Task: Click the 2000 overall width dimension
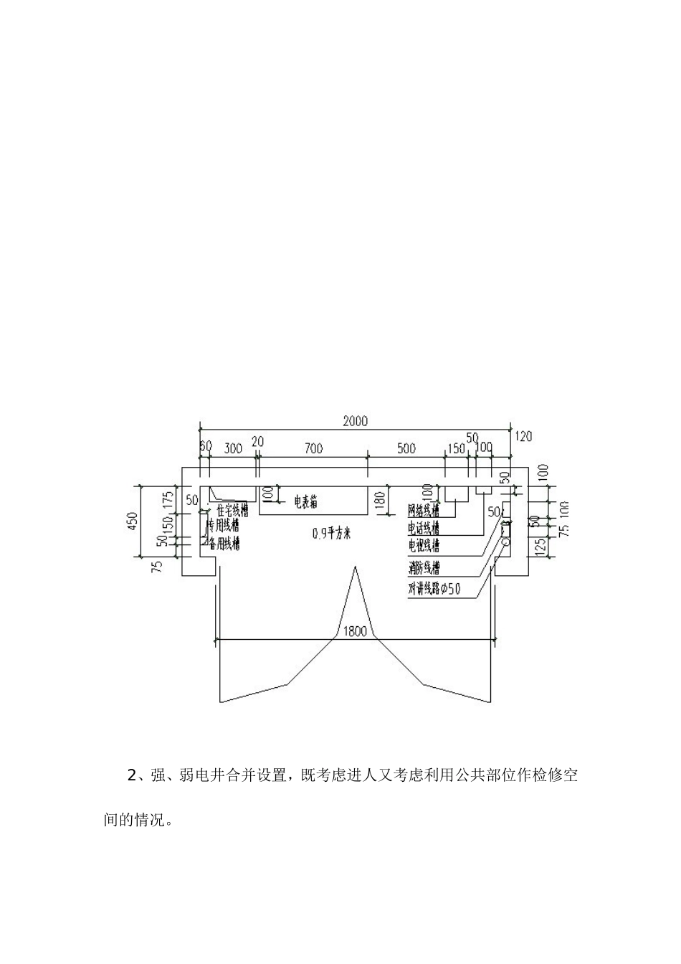coord(355,421)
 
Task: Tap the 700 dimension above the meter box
coord(313,449)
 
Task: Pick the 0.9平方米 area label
coord(332,533)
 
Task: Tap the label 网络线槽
coord(424,511)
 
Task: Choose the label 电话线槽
coord(424,528)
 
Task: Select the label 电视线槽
coord(424,546)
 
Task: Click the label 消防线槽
coord(424,569)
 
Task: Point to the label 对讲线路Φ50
coord(434,589)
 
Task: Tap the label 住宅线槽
coord(232,511)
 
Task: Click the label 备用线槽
coord(223,544)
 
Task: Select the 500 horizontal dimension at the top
coord(406,449)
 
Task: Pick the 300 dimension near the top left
coord(233,449)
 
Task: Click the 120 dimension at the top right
coord(523,436)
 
